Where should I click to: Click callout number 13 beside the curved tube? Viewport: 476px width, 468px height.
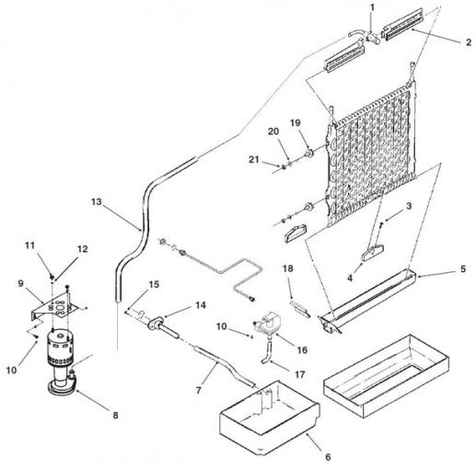click(96, 202)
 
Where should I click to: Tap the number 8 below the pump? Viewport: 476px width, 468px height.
click(115, 416)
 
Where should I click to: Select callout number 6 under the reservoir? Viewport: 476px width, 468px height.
click(328, 457)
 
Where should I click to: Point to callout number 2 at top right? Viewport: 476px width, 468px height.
click(468, 42)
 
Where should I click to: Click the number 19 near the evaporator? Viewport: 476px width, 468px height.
click(296, 123)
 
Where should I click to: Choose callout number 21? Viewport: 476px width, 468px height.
click(254, 160)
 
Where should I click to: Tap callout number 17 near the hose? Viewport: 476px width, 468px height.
click(300, 374)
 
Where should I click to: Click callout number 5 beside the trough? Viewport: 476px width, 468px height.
click(463, 269)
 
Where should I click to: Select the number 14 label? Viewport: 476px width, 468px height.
click(201, 305)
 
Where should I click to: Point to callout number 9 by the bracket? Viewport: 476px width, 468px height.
click(20, 283)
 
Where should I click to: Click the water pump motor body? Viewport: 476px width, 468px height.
click(57, 345)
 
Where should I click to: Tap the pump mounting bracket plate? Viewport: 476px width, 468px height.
click(53, 306)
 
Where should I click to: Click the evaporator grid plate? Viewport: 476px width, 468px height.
click(373, 154)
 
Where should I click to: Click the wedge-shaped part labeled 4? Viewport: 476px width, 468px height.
click(373, 251)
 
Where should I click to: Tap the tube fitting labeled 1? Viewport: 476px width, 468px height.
click(372, 40)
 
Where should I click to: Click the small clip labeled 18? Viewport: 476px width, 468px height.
click(300, 309)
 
